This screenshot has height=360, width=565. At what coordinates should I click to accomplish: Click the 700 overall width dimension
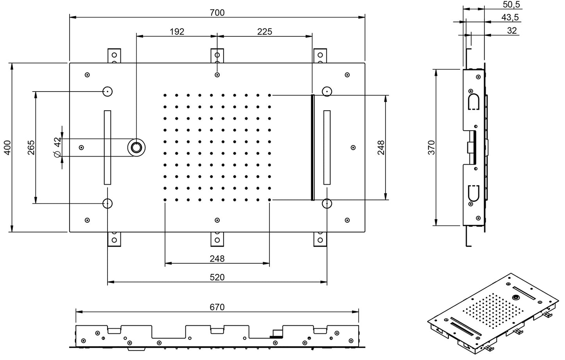tap(217, 13)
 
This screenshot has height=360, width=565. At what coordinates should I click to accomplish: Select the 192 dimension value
tap(177, 32)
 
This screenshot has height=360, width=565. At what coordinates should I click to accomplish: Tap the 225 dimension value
tap(265, 32)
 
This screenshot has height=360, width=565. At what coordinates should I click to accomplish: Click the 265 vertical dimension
tap(31, 147)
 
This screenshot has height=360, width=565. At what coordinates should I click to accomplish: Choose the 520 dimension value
tap(217, 277)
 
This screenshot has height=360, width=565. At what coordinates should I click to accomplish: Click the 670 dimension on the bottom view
tap(217, 307)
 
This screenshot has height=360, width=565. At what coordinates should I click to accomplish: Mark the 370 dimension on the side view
tap(431, 148)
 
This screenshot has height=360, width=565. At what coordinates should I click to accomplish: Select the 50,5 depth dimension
tap(511, 4)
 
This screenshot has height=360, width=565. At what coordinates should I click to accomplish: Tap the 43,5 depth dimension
tap(510, 17)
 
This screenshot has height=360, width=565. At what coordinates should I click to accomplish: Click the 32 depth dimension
tap(512, 30)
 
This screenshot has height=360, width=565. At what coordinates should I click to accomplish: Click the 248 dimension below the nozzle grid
tap(217, 259)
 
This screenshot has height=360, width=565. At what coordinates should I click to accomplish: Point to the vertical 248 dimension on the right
tap(381, 148)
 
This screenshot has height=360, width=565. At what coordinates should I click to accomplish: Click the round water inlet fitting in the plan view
tap(137, 148)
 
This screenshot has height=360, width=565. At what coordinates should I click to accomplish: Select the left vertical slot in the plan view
tap(108, 147)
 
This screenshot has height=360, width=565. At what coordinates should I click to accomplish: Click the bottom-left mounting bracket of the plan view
tap(115, 239)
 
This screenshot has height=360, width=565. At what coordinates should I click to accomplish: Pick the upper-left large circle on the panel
tap(108, 92)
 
